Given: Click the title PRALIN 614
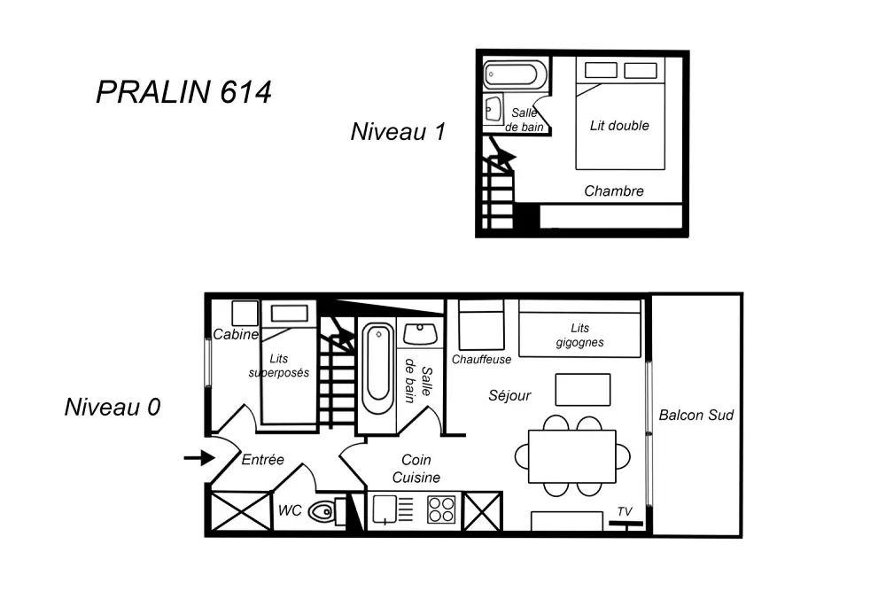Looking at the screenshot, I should [183, 92].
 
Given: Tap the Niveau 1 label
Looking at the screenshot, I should [397, 132].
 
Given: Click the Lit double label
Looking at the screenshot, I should [619, 126].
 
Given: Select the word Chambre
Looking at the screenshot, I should [614, 191].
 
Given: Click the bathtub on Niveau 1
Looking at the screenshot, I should [516, 74].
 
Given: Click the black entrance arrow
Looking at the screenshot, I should [199, 458].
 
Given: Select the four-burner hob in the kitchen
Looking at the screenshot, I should [441, 510].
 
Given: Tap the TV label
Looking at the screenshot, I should [626, 512].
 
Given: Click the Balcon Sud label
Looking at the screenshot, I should [696, 415].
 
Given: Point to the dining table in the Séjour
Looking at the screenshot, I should [571, 456].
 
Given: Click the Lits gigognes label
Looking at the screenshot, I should [580, 335].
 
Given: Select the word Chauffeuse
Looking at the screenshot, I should [481, 360].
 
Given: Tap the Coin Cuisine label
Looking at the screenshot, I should [416, 469].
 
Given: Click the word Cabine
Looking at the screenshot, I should [236, 335].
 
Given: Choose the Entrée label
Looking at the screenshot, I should [262, 460].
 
